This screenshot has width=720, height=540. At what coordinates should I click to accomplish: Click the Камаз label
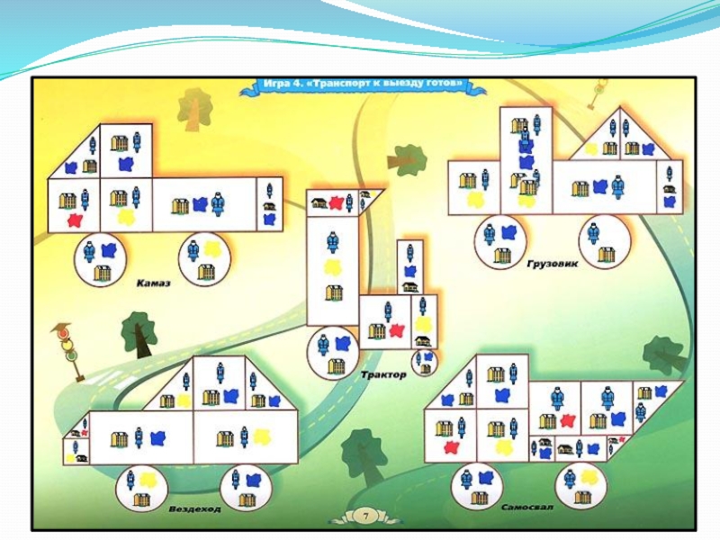(154, 282)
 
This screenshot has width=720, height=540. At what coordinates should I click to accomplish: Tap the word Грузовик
(551, 265)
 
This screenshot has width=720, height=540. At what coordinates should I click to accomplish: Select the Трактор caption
(382, 373)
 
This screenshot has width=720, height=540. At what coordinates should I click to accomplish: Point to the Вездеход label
(194, 508)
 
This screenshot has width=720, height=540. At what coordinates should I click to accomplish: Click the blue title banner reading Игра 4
(364, 84)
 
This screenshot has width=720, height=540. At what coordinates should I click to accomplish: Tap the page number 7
(366, 516)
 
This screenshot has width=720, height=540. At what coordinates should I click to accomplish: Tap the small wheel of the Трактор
(425, 362)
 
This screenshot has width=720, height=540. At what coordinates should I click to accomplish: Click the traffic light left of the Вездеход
(67, 346)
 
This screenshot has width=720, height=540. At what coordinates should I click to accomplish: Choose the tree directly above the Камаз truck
(194, 110)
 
